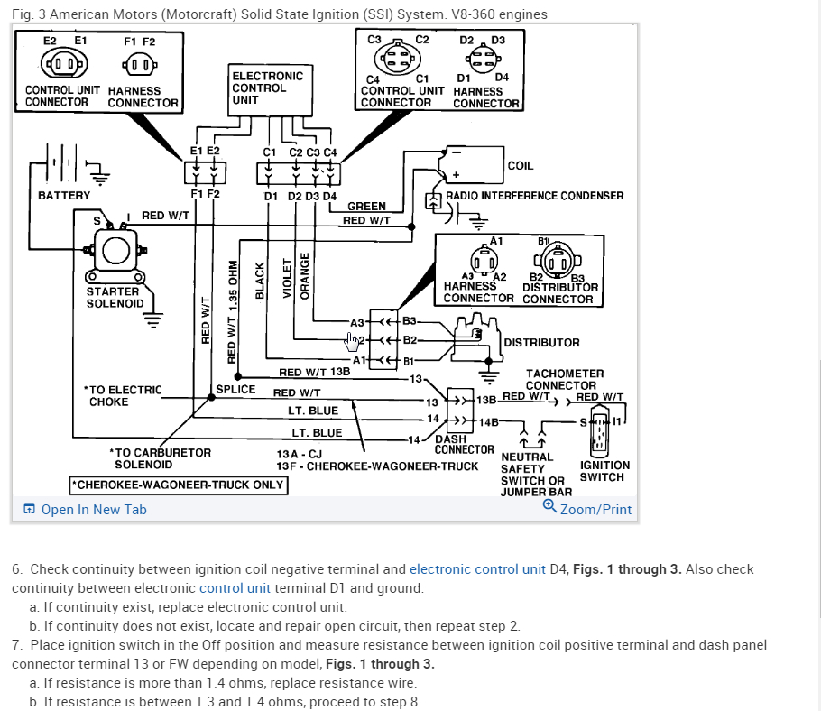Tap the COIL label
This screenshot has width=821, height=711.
(521, 166)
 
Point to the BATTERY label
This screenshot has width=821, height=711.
(64, 196)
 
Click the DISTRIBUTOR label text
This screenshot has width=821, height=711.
(541, 343)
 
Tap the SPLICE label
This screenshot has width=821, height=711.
(236, 390)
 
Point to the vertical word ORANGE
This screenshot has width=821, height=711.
(305, 276)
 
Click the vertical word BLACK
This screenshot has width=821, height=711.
(261, 281)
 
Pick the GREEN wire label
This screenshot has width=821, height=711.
(366, 207)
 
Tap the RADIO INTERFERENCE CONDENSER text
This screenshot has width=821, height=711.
(534, 196)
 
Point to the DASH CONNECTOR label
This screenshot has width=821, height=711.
(464, 444)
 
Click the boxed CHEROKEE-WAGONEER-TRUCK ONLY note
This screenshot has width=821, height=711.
(178, 485)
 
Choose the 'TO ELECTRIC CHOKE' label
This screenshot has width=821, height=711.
(122, 396)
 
